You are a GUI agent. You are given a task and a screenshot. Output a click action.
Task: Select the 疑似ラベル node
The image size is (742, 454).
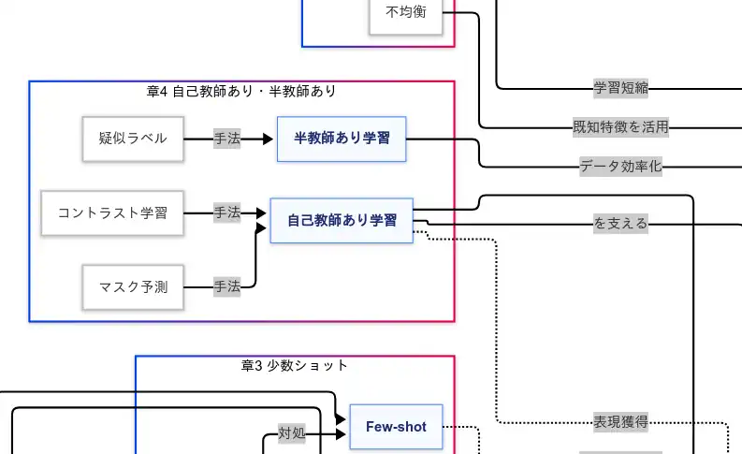[133, 139]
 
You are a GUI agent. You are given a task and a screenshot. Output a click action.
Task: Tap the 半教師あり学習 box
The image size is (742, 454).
[342, 139]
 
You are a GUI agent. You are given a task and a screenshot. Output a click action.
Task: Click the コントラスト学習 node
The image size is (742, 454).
[112, 212]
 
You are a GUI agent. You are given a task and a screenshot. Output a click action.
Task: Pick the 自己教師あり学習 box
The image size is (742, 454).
[342, 221]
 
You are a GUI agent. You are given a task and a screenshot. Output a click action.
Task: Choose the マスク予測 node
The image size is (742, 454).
[133, 286]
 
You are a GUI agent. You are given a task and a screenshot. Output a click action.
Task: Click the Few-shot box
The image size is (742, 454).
[396, 427]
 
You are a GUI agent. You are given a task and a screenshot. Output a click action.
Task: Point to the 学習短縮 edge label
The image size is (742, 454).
[621, 89]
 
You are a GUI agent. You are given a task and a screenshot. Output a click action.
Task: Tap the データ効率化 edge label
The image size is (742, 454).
[621, 168]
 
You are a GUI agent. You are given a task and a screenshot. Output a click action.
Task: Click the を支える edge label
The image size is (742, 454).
[621, 224]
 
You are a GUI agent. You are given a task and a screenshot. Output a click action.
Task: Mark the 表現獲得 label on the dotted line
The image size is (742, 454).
[621, 422]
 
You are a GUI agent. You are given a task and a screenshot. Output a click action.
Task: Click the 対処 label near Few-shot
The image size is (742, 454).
[292, 433]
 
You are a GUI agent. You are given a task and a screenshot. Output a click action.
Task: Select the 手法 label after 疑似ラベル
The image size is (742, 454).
[226, 139]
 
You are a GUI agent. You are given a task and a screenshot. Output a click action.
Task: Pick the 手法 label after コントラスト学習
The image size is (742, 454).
[226, 212]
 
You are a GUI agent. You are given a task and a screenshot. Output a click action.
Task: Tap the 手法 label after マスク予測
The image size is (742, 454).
[226, 286]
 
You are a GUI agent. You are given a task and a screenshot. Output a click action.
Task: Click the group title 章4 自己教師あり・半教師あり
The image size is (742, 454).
[241, 92]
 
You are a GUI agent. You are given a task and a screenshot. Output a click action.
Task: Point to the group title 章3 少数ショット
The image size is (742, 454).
[295, 366]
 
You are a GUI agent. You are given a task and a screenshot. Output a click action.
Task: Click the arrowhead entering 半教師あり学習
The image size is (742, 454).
[269, 139]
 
